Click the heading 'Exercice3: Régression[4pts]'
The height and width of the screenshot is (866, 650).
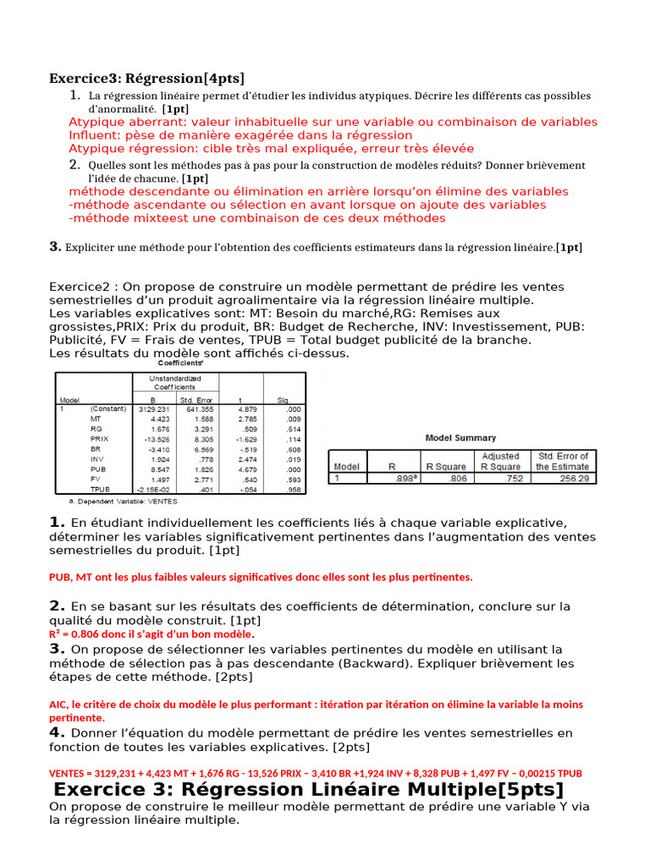coord(146,79)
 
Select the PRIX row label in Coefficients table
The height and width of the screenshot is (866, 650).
coord(100,439)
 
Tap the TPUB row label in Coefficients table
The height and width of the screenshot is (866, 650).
coord(100,489)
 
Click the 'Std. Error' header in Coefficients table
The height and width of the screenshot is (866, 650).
coord(196,399)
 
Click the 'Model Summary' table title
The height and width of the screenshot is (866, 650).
coord(460,438)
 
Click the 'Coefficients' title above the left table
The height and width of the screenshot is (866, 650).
coord(185,363)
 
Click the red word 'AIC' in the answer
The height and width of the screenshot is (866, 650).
coord(58,704)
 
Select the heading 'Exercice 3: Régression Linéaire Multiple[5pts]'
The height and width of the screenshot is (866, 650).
coord(308,790)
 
